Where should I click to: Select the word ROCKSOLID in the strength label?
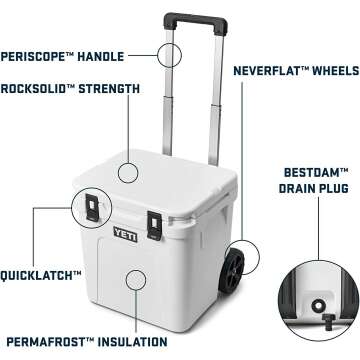coord(39,89)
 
